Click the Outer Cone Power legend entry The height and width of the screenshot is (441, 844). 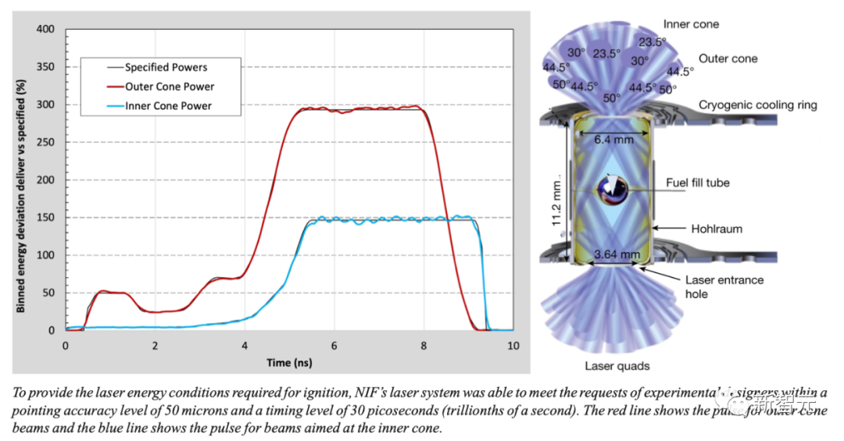[x=170, y=86]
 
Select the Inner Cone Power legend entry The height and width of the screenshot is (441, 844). [x=168, y=105]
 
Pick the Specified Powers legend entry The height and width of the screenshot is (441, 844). [x=166, y=67]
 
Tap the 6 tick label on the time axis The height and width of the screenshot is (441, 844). [x=334, y=345]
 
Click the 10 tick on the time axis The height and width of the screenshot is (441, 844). [x=513, y=345]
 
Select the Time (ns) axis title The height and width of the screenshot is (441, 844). [x=289, y=362]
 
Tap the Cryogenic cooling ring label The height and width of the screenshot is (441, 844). [x=758, y=105]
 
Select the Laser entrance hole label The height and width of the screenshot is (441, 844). [x=724, y=286]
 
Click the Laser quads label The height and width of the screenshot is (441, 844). [x=617, y=365]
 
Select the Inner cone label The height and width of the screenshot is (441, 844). [x=690, y=24]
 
